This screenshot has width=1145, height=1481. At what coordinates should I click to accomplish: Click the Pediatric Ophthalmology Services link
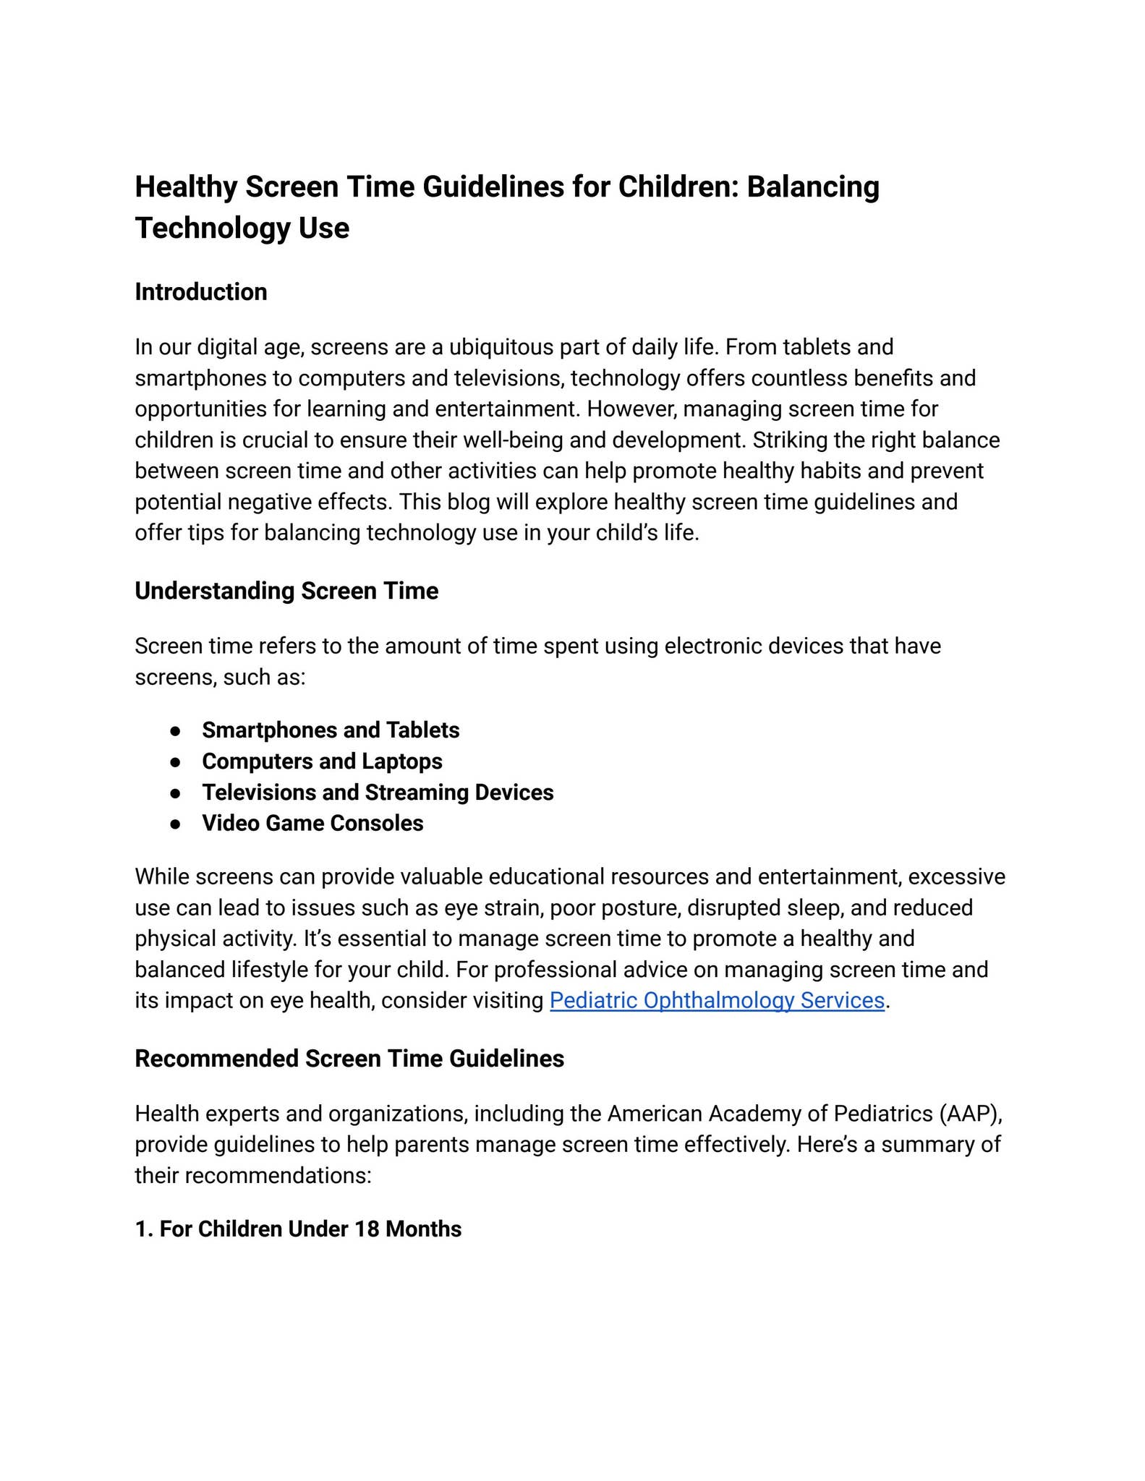pyautogui.click(x=717, y=1000)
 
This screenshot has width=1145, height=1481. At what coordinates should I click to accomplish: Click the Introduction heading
pyautogui.click(x=201, y=292)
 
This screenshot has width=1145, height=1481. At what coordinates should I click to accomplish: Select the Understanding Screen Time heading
pyautogui.click(x=286, y=591)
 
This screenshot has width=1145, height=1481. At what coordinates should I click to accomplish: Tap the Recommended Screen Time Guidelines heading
pyautogui.click(x=349, y=1059)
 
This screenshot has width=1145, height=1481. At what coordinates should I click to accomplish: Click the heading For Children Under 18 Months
pyautogui.click(x=298, y=1229)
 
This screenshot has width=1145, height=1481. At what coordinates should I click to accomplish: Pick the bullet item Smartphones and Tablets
pyautogui.click(x=331, y=730)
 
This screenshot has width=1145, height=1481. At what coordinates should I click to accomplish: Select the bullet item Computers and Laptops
pyautogui.click(x=322, y=761)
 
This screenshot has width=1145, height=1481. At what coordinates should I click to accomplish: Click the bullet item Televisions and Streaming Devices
pyautogui.click(x=378, y=793)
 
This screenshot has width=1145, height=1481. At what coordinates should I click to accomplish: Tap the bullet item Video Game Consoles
pyautogui.click(x=312, y=824)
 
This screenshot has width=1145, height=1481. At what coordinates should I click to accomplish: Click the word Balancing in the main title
pyautogui.click(x=813, y=187)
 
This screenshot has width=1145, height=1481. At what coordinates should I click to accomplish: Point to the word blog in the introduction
pyautogui.click(x=469, y=502)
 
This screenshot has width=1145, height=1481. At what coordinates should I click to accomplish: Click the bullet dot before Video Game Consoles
pyautogui.click(x=175, y=824)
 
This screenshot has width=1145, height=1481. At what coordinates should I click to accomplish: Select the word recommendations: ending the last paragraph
pyautogui.click(x=278, y=1176)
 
